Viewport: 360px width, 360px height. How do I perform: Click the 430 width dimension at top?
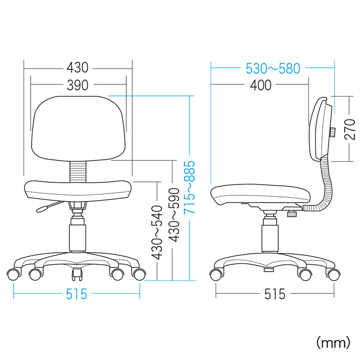click(77, 68)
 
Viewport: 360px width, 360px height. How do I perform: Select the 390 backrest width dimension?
click(77, 85)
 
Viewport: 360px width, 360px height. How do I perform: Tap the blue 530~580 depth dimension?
click(273, 68)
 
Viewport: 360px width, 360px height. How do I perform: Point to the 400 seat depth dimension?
click(261, 85)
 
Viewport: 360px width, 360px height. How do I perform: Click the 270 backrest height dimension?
click(350, 129)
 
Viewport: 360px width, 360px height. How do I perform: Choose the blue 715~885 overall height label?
click(189, 187)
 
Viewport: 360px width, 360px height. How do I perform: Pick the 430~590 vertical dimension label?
click(174, 215)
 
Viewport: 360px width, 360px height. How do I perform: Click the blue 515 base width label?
click(76, 294)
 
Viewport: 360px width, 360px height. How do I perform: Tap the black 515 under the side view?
click(274, 294)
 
